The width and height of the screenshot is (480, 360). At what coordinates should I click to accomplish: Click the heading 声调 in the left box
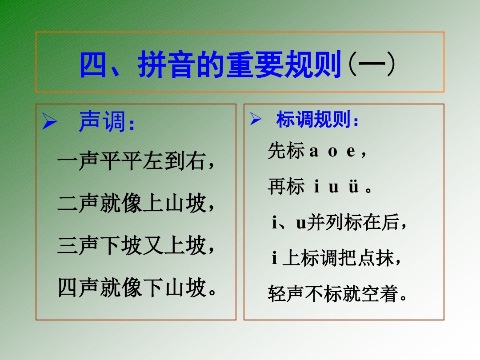[x=107, y=122]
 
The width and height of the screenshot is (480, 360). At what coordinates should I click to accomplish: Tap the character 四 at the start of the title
[x=94, y=65]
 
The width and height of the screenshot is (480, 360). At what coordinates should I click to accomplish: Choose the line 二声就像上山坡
[x=136, y=204]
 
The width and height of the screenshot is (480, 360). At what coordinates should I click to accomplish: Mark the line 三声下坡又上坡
[x=136, y=246]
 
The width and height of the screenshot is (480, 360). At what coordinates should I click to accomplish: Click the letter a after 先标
[x=314, y=152]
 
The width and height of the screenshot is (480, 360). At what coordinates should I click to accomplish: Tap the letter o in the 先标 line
[x=332, y=152]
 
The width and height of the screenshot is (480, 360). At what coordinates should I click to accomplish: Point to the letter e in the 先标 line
[x=351, y=152]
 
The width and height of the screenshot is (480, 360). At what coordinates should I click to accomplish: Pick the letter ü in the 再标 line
[x=353, y=187]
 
